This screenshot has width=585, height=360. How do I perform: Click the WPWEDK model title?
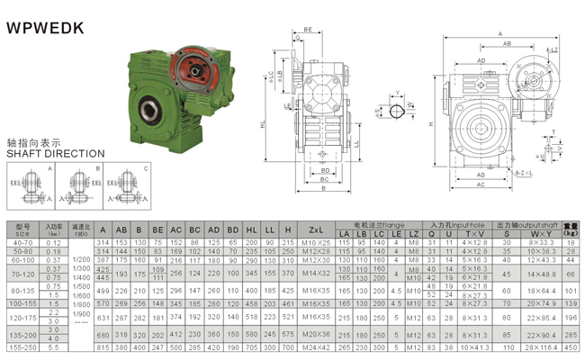pyautogui.click(x=46, y=28)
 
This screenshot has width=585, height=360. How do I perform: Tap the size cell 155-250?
pyautogui.click(x=24, y=347)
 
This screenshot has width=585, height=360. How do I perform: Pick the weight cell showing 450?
pyautogui.click(x=571, y=347)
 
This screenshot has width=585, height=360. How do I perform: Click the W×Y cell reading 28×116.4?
pyautogui.click(x=540, y=347)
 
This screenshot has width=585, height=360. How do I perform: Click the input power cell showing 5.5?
pyautogui.click(x=53, y=347)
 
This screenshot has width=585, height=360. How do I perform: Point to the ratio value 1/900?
pyautogui.click(x=82, y=311)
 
